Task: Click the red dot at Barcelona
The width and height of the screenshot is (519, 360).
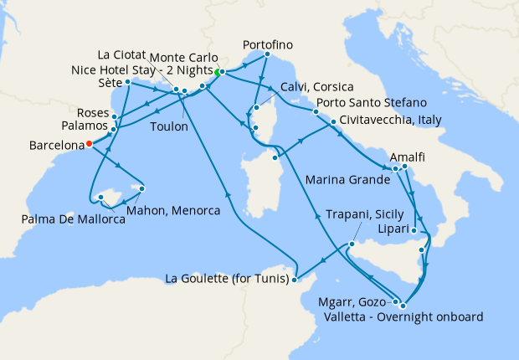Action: click(88, 144)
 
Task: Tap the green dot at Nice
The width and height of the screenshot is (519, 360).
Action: click(218, 73)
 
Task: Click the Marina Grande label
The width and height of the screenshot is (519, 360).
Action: click(347, 179)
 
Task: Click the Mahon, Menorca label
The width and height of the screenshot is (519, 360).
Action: click(173, 211)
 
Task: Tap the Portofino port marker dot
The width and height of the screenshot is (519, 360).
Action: click(265, 55)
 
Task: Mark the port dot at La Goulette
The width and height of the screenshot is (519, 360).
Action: click(295, 280)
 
